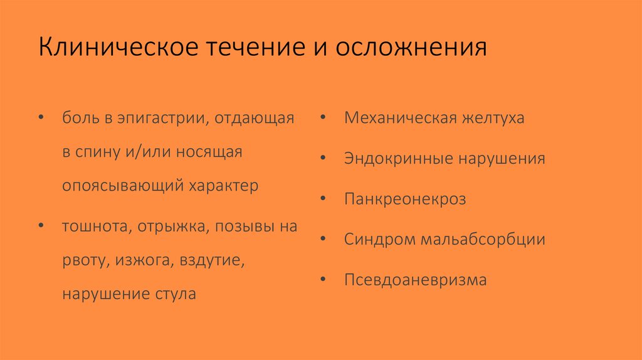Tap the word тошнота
point(94,226)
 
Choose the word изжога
point(144,260)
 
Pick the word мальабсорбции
point(483,240)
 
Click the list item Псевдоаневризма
point(415,280)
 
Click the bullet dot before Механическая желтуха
point(322,118)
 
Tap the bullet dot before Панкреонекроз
point(322,199)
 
